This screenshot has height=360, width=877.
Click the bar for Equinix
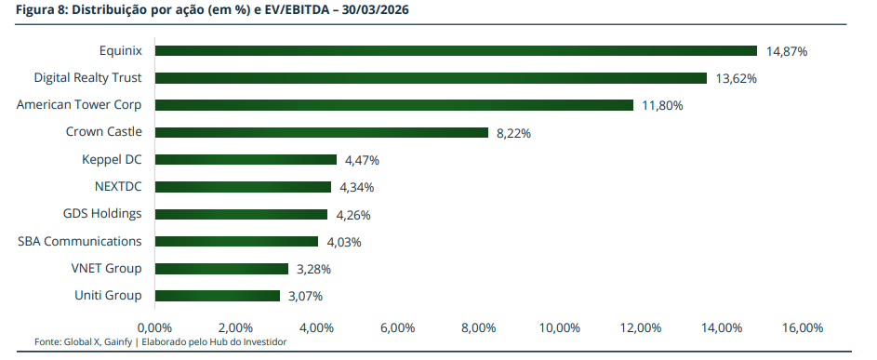(456, 51)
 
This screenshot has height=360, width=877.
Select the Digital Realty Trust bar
(431, 78)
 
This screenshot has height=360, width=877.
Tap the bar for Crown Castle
(322, 132)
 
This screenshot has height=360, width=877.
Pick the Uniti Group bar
(217, 296)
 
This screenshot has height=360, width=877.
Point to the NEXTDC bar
(243, 187)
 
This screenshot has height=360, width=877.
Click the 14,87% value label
(787, 51)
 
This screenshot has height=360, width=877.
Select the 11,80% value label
(663, 105)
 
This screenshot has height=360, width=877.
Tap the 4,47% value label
(363, 160)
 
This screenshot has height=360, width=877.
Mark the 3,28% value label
(313, 269)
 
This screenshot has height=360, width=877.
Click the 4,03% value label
(344, 243)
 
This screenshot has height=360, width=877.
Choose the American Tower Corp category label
(79, 105)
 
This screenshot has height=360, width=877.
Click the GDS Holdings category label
(102, 213)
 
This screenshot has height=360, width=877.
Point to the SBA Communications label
(80, 241)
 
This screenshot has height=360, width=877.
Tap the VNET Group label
(107, 268)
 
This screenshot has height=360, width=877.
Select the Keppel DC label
(112, 160)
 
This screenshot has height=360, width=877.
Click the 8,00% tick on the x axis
(478, 327)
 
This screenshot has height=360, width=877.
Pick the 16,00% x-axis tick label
(803, 327)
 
